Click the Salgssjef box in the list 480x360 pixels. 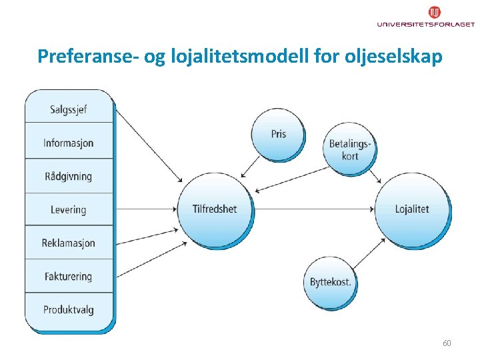point(69,109)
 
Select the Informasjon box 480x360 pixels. point(69,143)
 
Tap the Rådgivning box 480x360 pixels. point(69,176)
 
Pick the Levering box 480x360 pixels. point(69,209)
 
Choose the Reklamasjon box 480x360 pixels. point(69,243)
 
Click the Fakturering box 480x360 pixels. point(69,276)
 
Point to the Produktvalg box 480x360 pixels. point(69,309)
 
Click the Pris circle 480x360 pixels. point(278,134)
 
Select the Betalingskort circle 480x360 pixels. point(349,149)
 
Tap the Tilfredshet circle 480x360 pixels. point(215,209)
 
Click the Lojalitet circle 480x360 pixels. point(412,209)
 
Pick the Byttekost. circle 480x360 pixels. point(330,282)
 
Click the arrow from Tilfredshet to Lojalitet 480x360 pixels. point(313,209)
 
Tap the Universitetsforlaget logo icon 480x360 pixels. point(434,13)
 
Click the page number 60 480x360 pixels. point(447,343)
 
